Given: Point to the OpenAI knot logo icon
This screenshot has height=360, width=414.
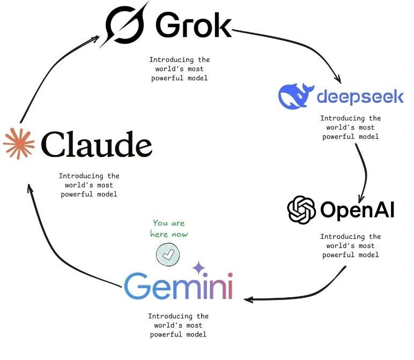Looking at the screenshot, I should tap(301, 209).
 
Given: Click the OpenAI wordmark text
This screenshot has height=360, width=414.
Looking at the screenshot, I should tap(357, 210).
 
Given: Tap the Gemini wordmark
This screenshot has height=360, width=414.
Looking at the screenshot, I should tap(179, 286).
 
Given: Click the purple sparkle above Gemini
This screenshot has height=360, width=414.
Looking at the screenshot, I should tap(198, 267).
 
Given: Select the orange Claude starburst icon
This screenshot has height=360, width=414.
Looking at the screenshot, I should tap(18, 143).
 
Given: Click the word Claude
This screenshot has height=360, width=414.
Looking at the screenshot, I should tap(97, 144).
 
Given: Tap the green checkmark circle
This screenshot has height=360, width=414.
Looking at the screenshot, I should tap(167, 254).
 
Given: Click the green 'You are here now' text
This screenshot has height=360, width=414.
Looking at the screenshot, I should tap(169, 228).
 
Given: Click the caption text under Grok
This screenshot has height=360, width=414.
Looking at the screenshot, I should tap(179, 69).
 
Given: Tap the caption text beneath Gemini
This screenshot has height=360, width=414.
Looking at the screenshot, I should tap(178, 325).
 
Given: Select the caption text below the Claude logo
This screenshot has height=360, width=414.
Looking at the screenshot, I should tap(89, 185).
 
